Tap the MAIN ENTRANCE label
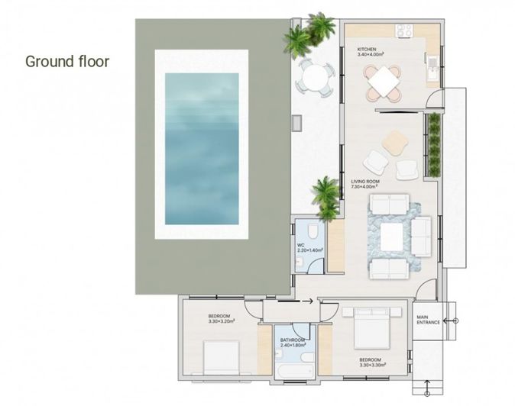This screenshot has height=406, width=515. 427,320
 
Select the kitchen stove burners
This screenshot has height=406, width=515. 403,31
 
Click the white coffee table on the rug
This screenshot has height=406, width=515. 392,237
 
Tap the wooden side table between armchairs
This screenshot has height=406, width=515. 395,142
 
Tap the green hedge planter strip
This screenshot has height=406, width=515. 434,146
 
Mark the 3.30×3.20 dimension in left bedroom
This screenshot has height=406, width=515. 221,321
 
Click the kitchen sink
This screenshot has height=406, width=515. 432,66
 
